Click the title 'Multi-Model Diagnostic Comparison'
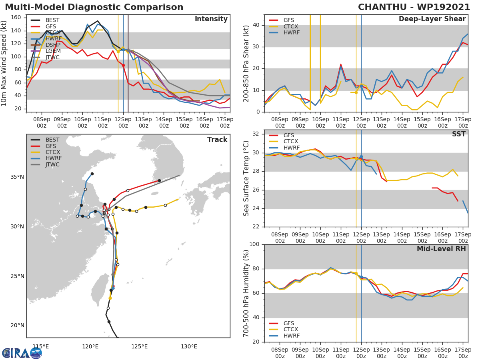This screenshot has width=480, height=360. pos(94,7)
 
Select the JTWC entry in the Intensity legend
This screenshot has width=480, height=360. pos(52,58)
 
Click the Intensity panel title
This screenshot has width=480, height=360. pos(211,19)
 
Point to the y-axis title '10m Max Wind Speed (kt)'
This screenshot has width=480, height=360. pos(4,63)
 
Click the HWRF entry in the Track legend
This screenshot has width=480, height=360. pos(53,158)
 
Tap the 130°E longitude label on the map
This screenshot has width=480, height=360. pos(189,346)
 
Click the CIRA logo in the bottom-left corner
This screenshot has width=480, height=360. pos(22,353)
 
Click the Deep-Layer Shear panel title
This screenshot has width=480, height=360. pos(432,19)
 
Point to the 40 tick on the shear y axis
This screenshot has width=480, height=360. pos(257,25)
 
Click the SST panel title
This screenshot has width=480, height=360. pos(458,134)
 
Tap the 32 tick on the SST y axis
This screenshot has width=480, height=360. pos(257,134)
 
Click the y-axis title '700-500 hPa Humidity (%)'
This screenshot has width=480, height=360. pos(246,293)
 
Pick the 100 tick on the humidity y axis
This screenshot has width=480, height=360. pos(254,244)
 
